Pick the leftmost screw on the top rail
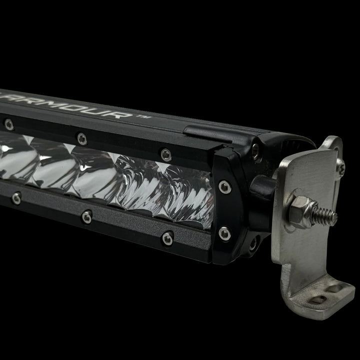[8, 123]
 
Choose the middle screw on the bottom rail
[87, 216]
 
